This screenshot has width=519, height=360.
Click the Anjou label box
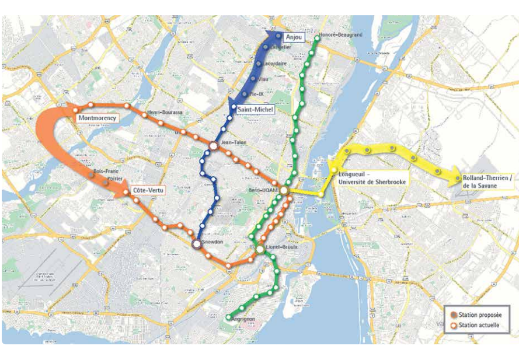tap(295, 37)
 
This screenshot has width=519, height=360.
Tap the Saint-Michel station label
tap(256, 109)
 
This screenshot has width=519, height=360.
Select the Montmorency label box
tap(97, 118)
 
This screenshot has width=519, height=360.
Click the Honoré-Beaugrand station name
tap(342, 35)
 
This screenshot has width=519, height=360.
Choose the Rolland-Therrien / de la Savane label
tap(486, 181)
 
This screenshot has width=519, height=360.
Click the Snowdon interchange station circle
tap(196, 244)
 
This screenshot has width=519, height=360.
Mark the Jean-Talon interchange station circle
tap(214, 146)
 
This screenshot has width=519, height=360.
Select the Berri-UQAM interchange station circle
tap(284, 191)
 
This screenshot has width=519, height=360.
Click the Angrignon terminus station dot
tap(229, 317)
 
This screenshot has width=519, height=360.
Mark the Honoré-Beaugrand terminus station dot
tap(317, 39)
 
